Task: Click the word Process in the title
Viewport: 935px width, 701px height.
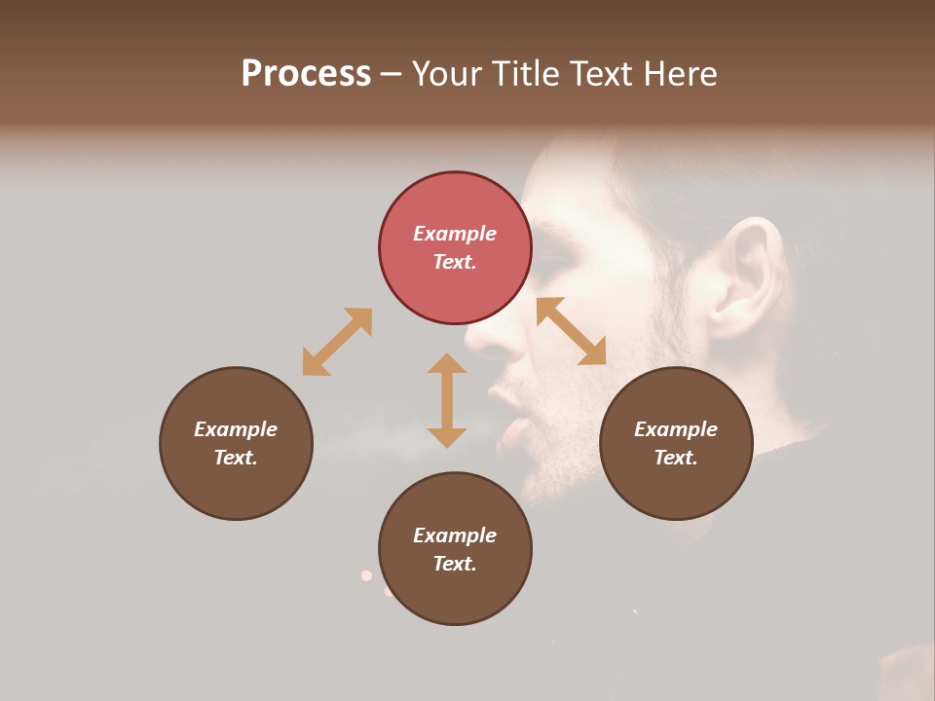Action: point(306,74)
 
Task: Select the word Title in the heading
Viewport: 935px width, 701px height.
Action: point(521,74)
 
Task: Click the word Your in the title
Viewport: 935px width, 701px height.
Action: point(449,74)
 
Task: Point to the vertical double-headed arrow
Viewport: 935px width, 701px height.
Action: point(447,400)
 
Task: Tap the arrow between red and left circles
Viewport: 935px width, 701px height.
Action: point(337,342)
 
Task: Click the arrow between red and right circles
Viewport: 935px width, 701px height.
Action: point(572,331)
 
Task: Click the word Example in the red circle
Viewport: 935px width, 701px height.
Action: point(455,234)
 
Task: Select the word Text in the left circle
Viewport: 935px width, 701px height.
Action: point(236,458)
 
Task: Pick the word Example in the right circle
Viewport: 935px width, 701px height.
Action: point(676,429)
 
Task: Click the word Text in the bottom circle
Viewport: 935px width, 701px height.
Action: point(455,564)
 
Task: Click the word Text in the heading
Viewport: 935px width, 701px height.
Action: point(597,74)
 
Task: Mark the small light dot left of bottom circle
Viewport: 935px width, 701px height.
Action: point(366,575)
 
